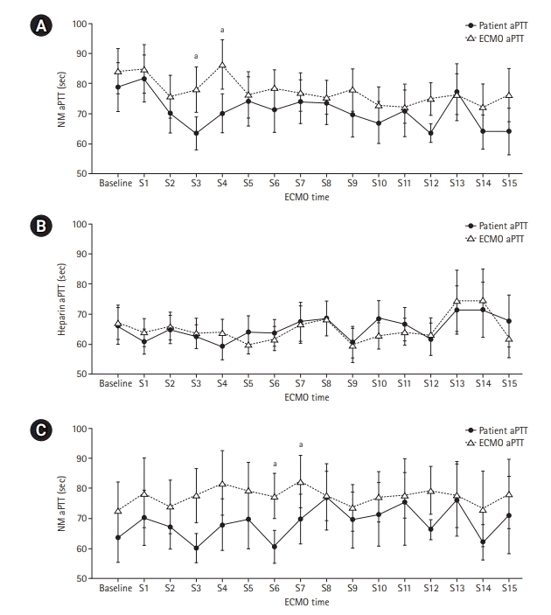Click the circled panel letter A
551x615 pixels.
point(38,28)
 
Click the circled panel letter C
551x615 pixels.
point(38,431)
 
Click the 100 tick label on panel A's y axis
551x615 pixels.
point(82,24)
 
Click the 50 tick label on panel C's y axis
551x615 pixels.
point(84,578)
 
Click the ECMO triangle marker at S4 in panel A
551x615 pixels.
point(223,65)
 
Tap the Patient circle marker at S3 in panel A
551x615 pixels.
point(196,133)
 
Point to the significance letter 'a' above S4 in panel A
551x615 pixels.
point(223,30)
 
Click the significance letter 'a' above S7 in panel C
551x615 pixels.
point(301,444)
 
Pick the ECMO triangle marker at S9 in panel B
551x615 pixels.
point(353,346)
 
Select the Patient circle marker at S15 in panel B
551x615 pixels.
point(509,321)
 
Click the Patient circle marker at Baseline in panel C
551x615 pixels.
point(117,537)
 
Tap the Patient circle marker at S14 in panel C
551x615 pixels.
point(483,542)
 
